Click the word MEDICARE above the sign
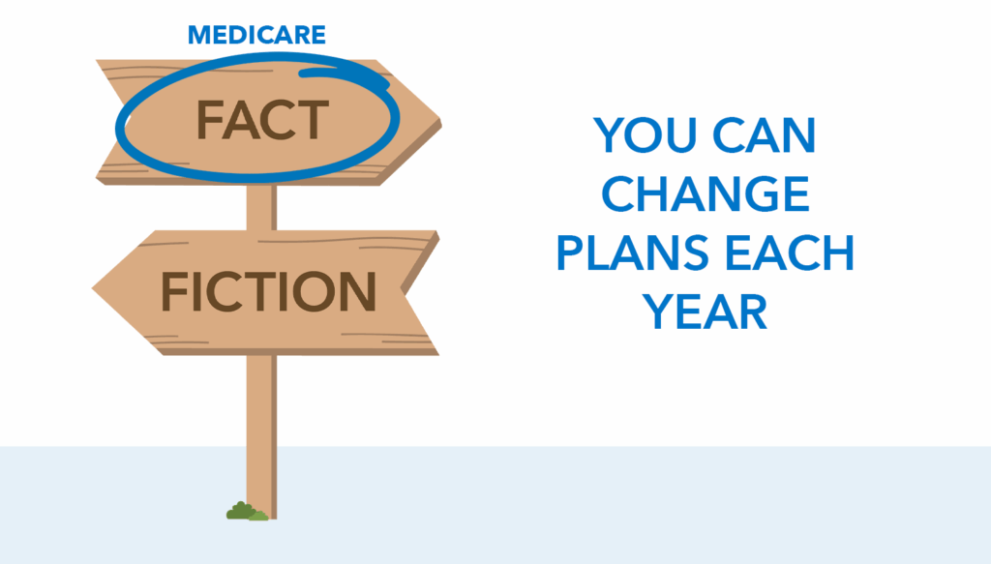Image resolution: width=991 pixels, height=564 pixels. [x=256, y=35]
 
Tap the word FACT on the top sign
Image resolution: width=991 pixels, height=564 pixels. [x=262, y=119]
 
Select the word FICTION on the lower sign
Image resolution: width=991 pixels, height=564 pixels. [x=269, y=291]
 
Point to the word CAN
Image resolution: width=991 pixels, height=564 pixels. [x=765, y=134]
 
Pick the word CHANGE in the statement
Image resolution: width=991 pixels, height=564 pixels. [x=706, y=193]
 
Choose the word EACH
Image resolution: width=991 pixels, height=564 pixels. [x=790, y=253]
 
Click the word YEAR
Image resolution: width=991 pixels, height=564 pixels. [x=705, y=312]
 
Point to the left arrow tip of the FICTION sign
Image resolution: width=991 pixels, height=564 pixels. [x=94, y=288]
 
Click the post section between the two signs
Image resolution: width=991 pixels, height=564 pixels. [x=261, y=208]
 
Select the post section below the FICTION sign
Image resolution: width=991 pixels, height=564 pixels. [x=261, y=435]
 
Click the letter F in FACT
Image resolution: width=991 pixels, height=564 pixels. [x=210, y=120]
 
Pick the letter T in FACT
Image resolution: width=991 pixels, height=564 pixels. [x=313, y=120]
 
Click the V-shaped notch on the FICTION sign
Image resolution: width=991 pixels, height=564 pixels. [x=404, y=290]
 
